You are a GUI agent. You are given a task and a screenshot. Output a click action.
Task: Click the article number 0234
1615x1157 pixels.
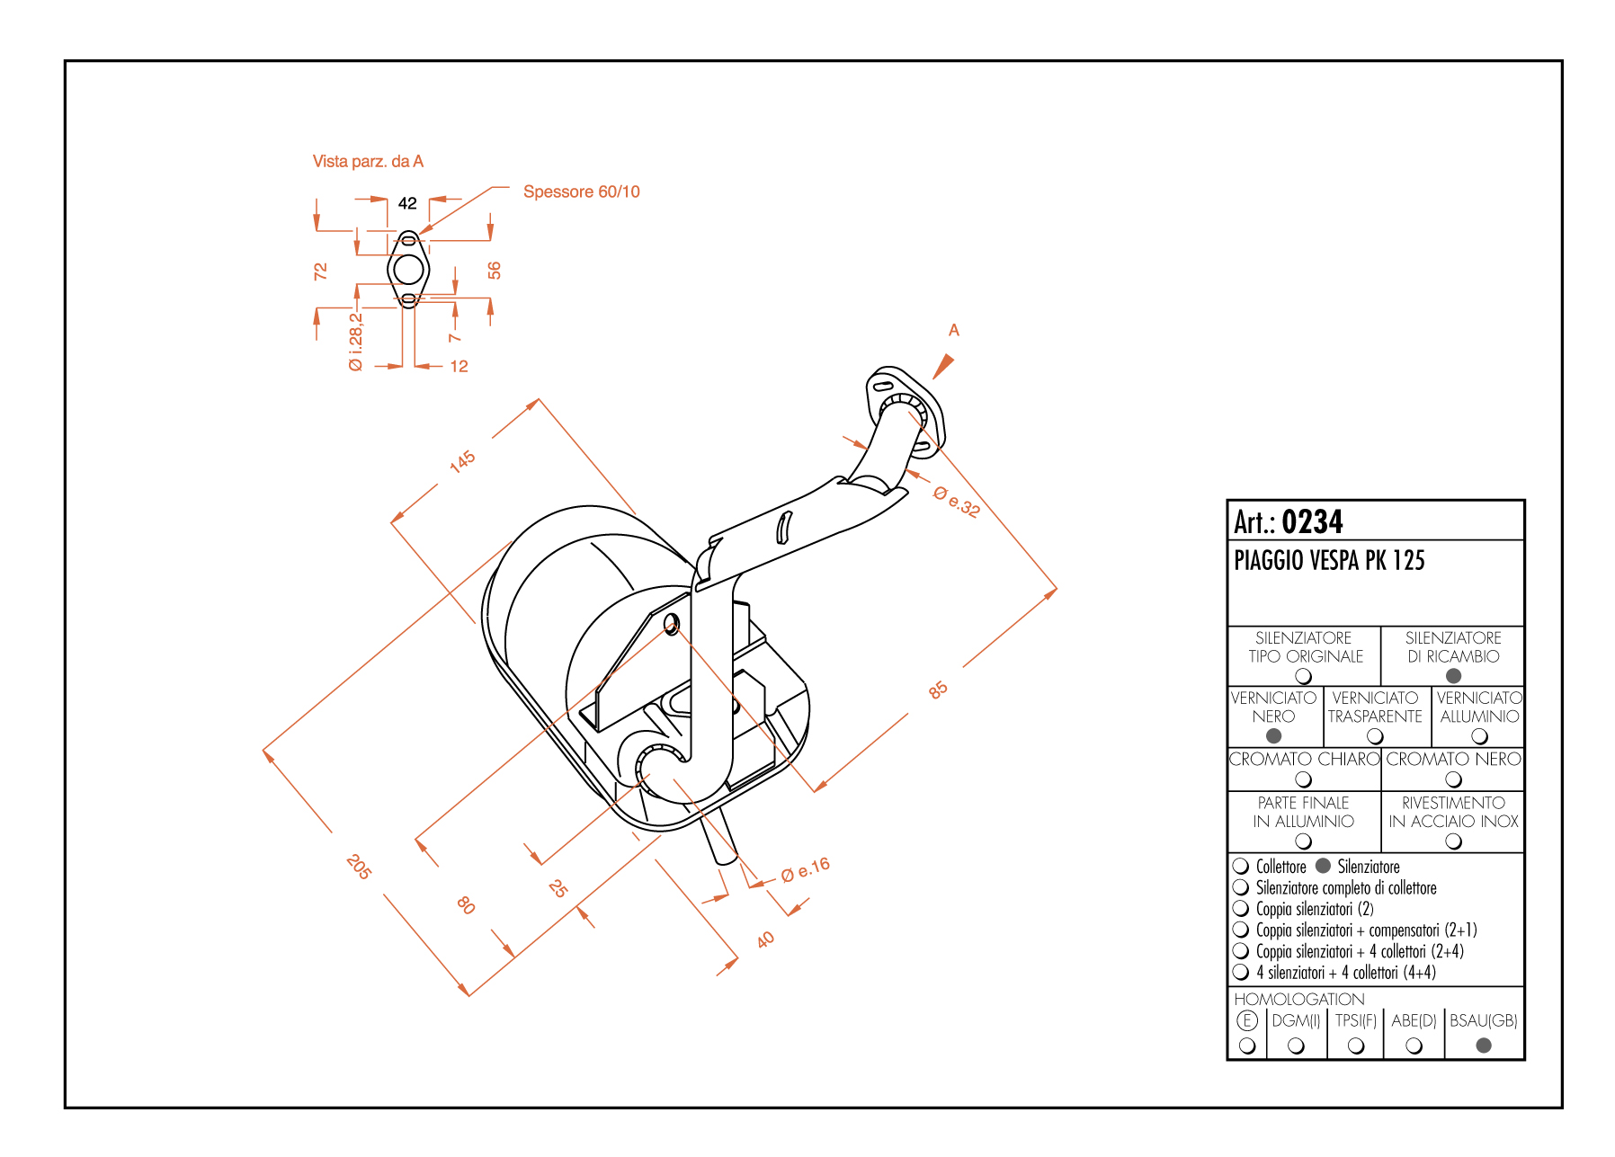click(x=1312, y=521)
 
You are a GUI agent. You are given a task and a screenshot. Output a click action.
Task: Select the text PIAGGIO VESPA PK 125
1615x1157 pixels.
click(x=1329, y=561)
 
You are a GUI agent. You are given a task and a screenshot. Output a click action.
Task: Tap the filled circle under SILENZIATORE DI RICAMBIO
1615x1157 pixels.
click(x=1453, y=676)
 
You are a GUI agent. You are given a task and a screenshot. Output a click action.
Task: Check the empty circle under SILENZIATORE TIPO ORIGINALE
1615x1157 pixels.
click(x=1303, y=676)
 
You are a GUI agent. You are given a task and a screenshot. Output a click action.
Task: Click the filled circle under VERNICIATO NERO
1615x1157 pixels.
click(x=1273, y=736)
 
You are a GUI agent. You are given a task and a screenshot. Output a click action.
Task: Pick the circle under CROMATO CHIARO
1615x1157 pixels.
click(x=1303, y=779)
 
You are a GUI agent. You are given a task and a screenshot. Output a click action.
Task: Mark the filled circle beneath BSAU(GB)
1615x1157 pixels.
click(x=1484, y=1046)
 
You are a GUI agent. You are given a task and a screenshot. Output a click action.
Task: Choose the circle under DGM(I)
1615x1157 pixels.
click(x=1296, y=1046)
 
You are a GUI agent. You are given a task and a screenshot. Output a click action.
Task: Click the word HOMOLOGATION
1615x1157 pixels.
click(x=1298, y=999)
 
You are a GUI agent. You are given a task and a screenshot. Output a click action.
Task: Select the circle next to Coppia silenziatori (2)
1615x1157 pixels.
click(x=1241, y=908)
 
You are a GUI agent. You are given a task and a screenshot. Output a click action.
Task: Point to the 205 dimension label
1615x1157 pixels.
click(x=358, y=867)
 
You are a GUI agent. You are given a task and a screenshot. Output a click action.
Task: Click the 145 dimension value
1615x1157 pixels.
click(x=462, y=461)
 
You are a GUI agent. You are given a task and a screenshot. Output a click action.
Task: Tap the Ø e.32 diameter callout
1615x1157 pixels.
click(x=957, y=502)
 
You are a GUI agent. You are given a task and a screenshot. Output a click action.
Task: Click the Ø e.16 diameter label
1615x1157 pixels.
click(x=806, y=870)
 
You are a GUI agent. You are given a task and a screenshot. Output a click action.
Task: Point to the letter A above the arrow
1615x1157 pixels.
click(x=954, y=330)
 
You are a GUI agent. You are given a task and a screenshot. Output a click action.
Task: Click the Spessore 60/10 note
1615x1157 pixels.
click(x=581, y=191)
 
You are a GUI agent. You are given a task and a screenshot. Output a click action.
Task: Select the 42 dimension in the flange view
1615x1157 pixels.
click(x=407, y=203)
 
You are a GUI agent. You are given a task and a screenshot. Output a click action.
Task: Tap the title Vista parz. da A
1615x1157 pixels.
click(x=368, y=162)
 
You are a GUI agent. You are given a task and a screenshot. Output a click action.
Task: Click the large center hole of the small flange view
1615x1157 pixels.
click(x=408, y=269)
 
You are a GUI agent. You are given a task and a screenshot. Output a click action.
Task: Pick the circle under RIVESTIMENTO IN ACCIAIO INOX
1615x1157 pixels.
click(x=1453, y=841)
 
